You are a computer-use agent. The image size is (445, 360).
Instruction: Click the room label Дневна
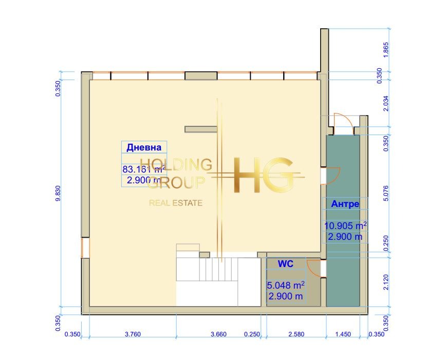click(x=144, y=147)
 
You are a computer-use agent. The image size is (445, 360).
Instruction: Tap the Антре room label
click(x=345, y=204)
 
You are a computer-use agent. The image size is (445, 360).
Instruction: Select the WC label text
click(x=286, y=264)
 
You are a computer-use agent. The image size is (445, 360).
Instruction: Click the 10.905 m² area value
click(x=345, y=225)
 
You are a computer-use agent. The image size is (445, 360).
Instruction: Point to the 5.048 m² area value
click(x=286, y=285)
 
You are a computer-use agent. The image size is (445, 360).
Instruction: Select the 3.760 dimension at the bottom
click(x=133, y=334)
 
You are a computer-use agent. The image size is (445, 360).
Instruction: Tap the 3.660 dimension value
click(x=218, y=334)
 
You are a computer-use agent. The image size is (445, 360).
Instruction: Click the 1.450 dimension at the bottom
click(x=343, y=334)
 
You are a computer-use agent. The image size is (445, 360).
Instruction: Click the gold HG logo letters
click(x=264, y=176)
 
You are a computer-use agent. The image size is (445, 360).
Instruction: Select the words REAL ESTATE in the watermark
click(x=176, y=203)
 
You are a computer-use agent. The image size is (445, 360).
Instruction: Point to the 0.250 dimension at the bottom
click(x=252, y=334)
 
